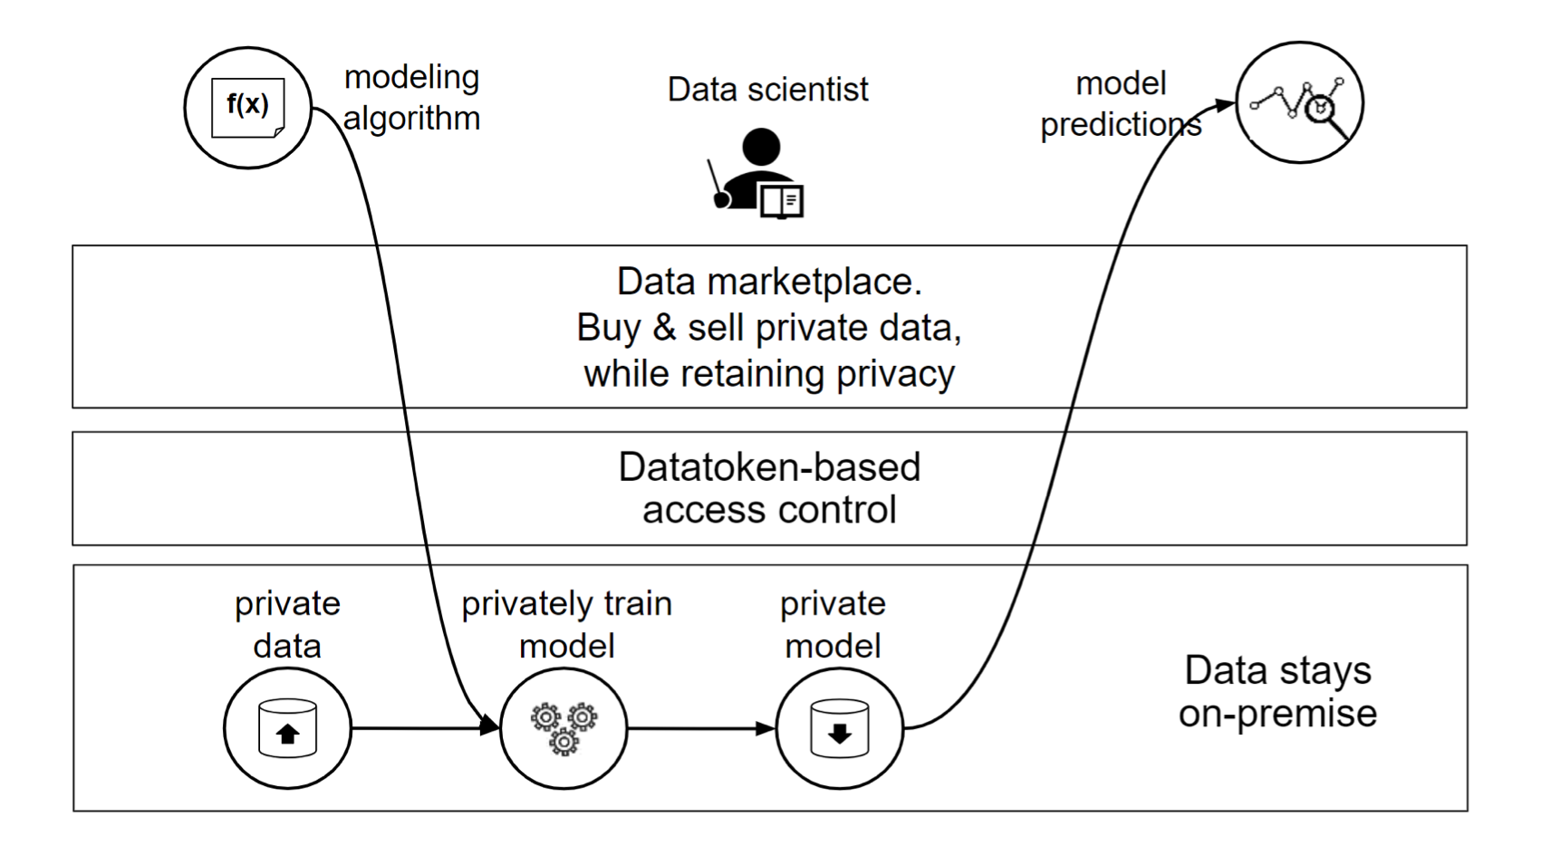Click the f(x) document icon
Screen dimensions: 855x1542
click(x=247, y=108)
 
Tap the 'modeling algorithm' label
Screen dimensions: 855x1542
click(x=411, y=98)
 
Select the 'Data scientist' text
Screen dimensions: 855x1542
click(x=767, y=90)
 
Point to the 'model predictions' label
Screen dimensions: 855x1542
click(x=1121, y=104)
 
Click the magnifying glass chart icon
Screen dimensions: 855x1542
click(x=1299, y=103)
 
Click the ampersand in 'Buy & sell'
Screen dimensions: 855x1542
click(x=664, y=328)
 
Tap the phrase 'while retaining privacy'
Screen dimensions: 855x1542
click(x=769, y=374)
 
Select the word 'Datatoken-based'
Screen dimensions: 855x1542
click(x=769, y=467)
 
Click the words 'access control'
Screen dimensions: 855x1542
click(x=769, y=510)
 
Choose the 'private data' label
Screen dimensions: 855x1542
click(x=287, y=624)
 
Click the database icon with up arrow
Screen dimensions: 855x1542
click(x=287, y=728)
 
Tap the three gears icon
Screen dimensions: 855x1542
click(x=564, y=728)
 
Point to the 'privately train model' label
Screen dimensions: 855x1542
click(x=566, y=624)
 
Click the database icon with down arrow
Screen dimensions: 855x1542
click(x=840, y=728)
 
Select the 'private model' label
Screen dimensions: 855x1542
click(x=833, y=624)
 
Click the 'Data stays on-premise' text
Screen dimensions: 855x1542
click(x=1277, y=691)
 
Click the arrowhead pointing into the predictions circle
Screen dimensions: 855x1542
click(x=1225, y=105)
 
